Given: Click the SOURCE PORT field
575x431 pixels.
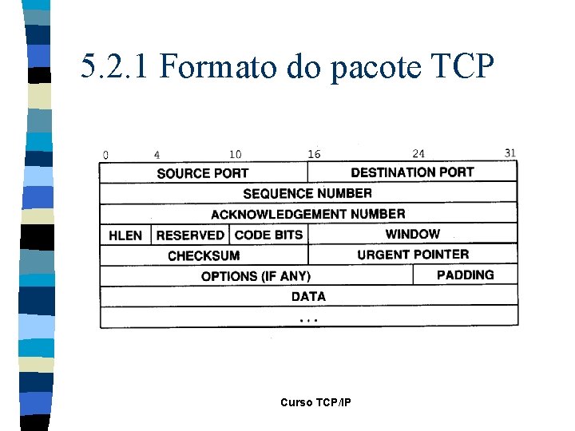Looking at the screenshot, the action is [203, 172].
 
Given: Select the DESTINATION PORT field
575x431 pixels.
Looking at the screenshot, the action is [412, 172].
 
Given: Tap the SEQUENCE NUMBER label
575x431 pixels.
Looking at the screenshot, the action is [307, 193].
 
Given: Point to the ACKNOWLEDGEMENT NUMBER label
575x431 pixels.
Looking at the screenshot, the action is [307, 214].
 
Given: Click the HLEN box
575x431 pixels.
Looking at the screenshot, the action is [125, 235].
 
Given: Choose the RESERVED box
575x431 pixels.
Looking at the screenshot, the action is [190, 235].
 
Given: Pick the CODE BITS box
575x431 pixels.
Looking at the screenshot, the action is [269, 235].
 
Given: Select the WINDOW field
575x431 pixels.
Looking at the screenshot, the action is [412, 234].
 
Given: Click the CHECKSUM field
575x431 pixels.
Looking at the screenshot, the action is [204, 255].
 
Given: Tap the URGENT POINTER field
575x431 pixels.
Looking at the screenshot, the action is [413, 255].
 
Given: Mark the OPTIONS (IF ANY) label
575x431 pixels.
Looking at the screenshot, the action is [256, 276].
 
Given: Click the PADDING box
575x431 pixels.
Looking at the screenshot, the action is [466, 275].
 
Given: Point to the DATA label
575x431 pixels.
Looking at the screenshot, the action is [308, 296].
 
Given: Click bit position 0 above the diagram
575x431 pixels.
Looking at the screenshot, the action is [105, 154].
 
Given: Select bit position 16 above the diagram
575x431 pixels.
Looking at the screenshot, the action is [314, 154].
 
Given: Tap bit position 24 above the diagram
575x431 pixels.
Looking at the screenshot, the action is [418, 153].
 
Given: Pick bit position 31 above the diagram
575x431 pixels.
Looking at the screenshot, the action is [511, 152].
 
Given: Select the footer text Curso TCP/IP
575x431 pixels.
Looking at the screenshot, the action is [315, 402].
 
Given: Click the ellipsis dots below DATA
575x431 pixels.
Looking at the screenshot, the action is [308, 319].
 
